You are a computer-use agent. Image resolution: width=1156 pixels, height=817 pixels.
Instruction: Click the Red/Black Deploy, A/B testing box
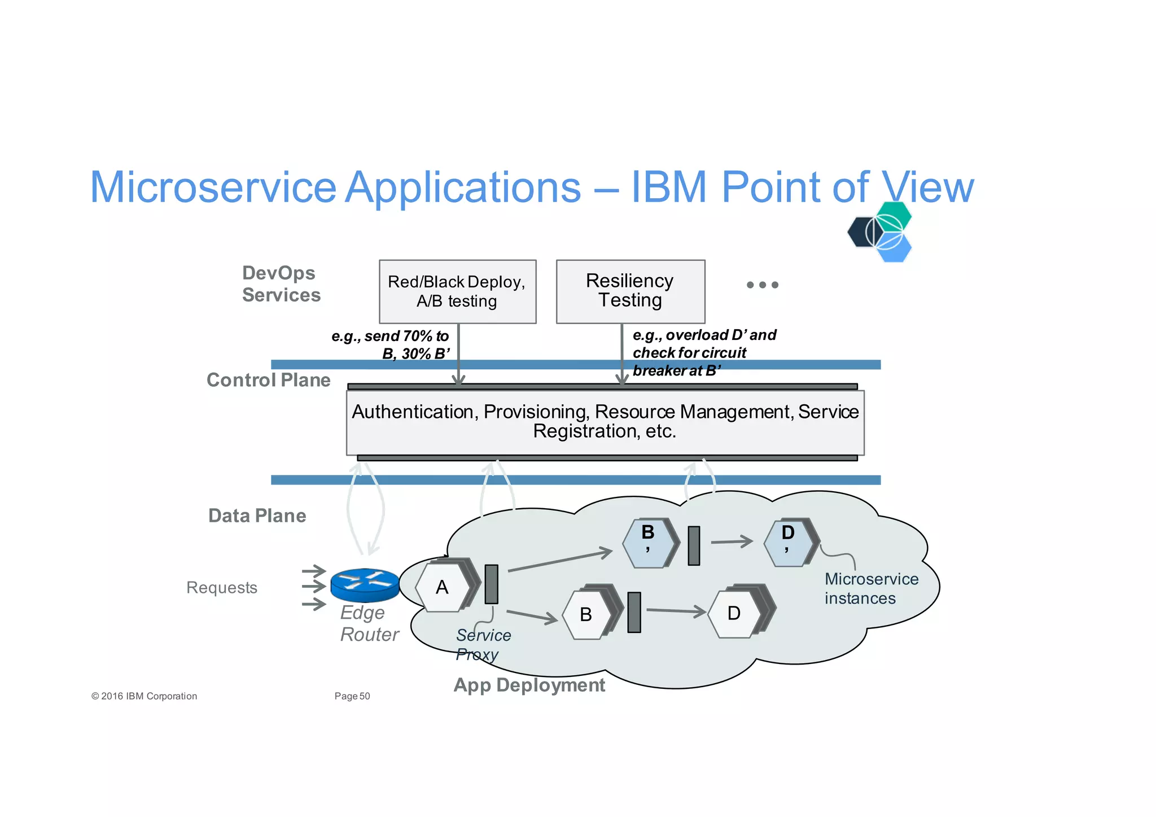click(457, 291)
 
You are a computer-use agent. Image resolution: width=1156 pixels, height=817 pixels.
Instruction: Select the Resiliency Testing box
click(630, 291)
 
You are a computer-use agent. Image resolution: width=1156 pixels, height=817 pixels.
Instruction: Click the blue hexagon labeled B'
click(647, 543)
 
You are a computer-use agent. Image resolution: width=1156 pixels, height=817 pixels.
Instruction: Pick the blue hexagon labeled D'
click(788, 543)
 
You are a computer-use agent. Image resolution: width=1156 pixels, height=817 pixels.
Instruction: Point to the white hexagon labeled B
click(586, 614)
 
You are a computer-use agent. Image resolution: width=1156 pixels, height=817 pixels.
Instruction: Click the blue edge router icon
click(365, 584)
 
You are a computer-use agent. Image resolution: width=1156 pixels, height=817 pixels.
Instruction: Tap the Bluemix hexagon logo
click(880, 232)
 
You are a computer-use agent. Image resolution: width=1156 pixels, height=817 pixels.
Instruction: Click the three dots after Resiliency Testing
click(762, 285)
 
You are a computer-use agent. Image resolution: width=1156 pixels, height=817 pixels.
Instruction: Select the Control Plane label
click(268, 380)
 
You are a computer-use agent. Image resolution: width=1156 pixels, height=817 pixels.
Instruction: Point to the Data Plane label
click(257, 515)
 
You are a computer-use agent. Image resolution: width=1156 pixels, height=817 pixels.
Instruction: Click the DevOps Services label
click(281, 284)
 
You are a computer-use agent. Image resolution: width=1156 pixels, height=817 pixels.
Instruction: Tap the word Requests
click(221, 588)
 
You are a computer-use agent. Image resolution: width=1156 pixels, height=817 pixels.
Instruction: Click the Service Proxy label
click(483, 645)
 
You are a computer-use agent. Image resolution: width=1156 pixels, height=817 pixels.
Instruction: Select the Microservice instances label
click(871, 588)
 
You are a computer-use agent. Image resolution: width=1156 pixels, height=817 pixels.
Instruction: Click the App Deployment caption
click(529, 685)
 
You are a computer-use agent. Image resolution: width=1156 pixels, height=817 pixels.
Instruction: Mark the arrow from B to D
click(676, 610)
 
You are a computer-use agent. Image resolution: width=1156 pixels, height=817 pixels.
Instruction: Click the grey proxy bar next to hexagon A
click(492, 584)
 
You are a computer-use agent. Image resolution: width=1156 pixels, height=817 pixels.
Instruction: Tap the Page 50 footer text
click(352, 696)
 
